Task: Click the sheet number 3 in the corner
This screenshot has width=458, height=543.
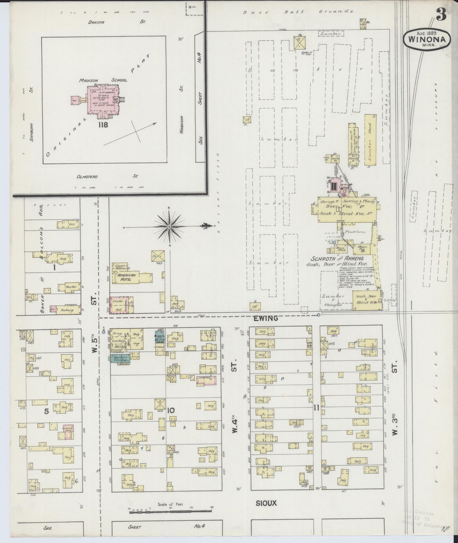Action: pyautogui.click(x=442, y=14)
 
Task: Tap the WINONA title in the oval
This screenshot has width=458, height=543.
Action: pyautogui.click(x=427, y=40)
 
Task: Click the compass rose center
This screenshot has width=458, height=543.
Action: pyautogui.click(x=170, y=227)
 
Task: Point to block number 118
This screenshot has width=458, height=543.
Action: pyautogui.click(x=103, y=125)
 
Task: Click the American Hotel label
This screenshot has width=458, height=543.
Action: pyautogui.click(x=126, y=277)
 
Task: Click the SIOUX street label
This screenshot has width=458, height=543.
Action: pyautogui.click(x=267, y=503)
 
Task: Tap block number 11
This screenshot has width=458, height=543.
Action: pyautogui.click(x=316, y=408)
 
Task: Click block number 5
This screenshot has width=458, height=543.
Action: pyautogui.click(x=46, y=412)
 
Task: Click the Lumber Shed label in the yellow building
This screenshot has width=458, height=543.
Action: pyautogui.click(x=370, y=139)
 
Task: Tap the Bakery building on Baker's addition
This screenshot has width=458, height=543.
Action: pyautogui.click(x=65, y=310)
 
